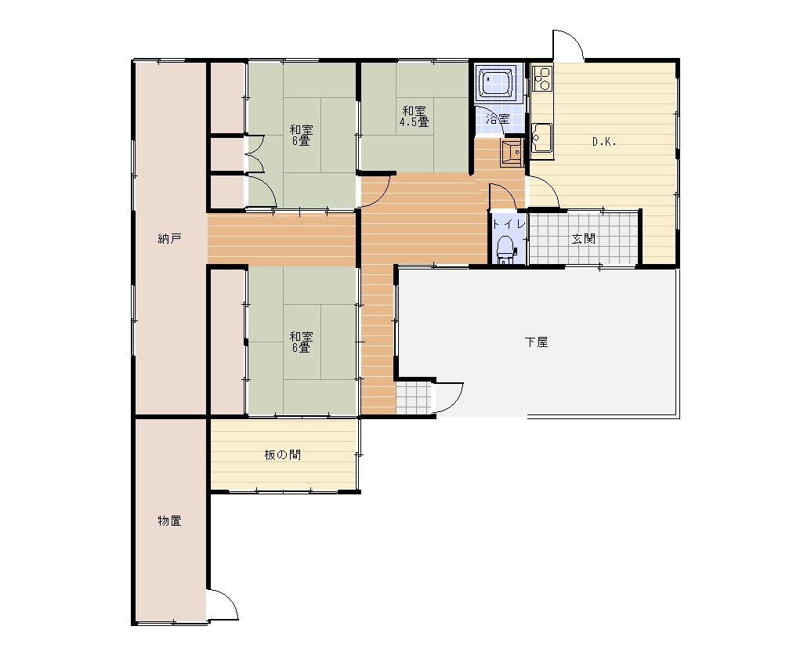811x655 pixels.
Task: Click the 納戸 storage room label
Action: click(x=169, y=239)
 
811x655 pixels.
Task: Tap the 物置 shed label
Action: click(x=169, y=520)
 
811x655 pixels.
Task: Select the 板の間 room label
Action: click(x=282, y=455)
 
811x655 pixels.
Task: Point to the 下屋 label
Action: click(x=536, y=342)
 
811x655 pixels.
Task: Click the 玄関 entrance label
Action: click(x=584, y=239)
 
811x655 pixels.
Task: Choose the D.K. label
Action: click(x=604, y=142)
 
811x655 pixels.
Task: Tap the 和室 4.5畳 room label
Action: click(x=414, y=117)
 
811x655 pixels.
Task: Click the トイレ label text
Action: click(x=509, y=224)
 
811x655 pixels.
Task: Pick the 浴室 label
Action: click(x=498, y=119)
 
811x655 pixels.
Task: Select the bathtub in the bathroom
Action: click(x=496, y=82)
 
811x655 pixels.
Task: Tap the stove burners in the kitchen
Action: click(x=542, y=78)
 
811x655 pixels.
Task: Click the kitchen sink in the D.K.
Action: click(x=541, y=138)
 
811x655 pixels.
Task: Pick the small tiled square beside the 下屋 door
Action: click(x=414, y=399)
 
